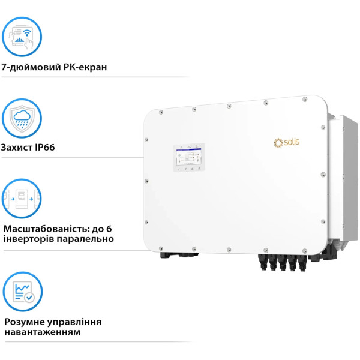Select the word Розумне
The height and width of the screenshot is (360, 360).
(25, 322)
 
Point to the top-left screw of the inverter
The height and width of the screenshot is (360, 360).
(162, 112)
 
